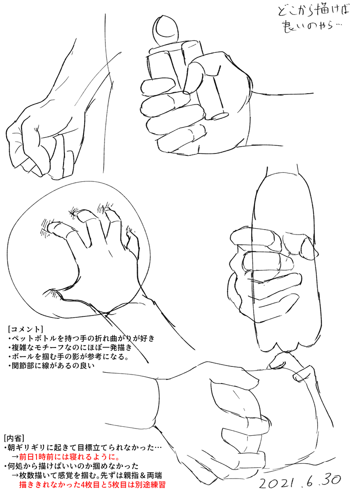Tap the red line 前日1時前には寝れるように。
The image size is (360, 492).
click(x=69, y=456)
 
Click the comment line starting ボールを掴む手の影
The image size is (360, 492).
click(x=68, y=357)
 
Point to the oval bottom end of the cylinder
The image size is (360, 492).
click(x=219, y=116)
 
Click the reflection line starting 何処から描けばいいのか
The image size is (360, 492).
click(x=71, y=465)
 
